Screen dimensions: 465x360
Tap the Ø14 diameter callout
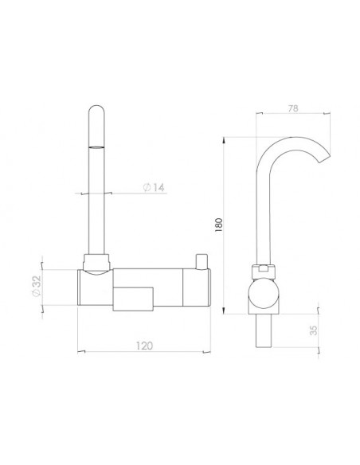pos(155,188)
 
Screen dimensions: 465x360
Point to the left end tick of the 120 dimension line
pos(76,350)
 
